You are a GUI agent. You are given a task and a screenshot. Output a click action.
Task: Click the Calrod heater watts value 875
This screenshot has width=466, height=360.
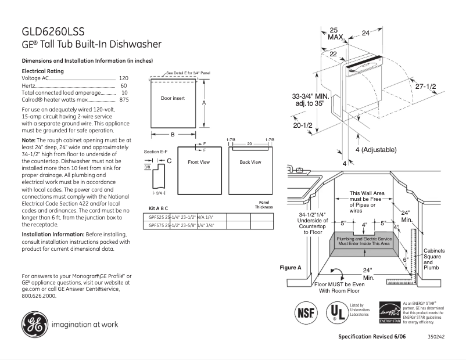pos(124,100)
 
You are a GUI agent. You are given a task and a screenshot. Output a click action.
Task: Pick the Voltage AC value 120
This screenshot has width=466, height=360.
pos(124,78)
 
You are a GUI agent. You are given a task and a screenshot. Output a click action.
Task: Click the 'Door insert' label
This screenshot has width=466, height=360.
pos(173,99)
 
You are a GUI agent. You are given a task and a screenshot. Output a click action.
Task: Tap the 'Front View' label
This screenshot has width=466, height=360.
pos(198,162)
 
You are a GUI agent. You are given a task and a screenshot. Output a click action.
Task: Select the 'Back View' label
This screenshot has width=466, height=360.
pos(250,162)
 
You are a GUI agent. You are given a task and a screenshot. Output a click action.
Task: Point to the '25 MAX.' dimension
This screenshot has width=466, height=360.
pos(335,33)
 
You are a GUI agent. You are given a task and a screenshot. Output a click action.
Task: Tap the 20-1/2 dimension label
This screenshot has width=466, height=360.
pos(303,125)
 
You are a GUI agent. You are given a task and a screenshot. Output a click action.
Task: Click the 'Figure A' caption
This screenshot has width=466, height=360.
pos(291,268)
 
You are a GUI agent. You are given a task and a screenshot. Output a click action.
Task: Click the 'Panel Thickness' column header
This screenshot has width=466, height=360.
pos(263,205)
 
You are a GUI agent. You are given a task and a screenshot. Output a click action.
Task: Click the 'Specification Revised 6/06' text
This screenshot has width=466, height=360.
pos(372,337)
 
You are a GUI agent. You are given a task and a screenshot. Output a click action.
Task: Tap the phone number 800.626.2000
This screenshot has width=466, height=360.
pos(39,296)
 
